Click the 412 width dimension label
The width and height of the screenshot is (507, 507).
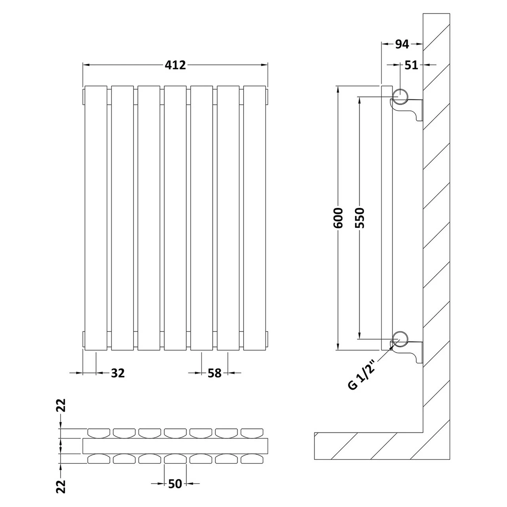[175, 65]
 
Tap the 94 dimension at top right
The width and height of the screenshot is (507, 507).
[402, 44]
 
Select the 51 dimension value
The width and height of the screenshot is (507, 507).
[412, 65]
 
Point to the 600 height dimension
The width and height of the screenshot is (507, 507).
[338, 217]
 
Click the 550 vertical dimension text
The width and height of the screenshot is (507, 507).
[360, 217]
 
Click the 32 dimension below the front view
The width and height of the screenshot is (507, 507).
[118, 373]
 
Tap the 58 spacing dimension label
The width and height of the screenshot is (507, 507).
[214, 373]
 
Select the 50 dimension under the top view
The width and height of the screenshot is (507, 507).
[175, 484]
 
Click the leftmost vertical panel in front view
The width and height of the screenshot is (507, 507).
[96, 218]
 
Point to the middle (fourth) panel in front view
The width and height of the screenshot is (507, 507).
[175, 218]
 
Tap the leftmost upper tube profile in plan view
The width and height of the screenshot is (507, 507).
[99, 433]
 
